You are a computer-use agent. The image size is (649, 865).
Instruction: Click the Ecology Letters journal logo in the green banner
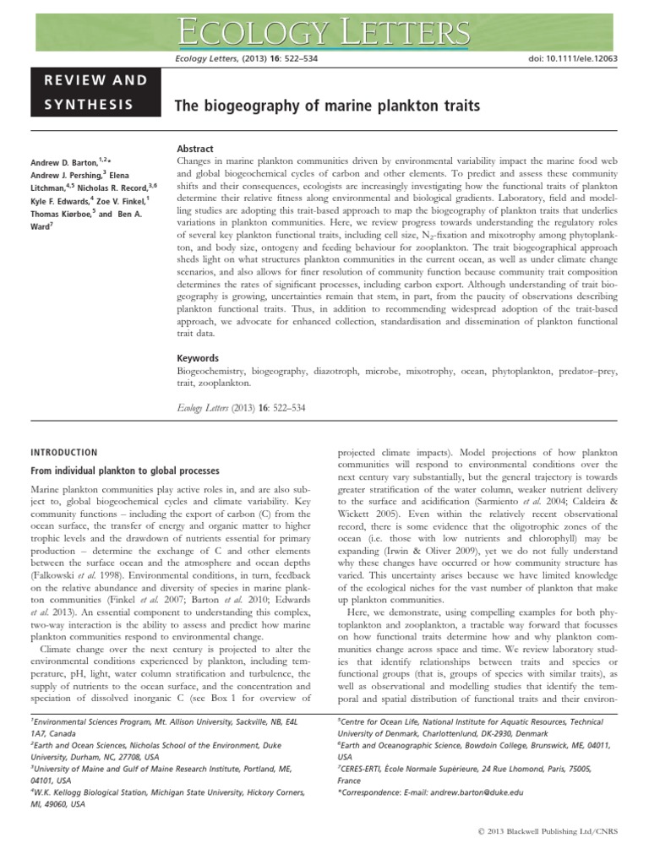(324, 32)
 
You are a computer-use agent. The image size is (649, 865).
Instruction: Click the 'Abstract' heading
(194, 148)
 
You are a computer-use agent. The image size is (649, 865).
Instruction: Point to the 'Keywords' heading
(198, 357)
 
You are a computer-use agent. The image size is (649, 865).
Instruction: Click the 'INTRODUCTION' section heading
(64, 453)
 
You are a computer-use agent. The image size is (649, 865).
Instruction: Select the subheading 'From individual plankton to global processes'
(125, 471)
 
